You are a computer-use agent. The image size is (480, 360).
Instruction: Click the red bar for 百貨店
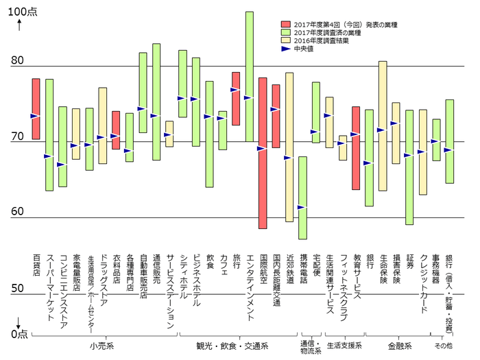(36, 109)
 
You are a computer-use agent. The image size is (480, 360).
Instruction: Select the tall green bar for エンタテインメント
(249, 76)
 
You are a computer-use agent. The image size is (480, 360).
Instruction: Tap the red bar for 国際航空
(263, 153)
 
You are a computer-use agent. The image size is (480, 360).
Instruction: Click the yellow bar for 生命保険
(383, 125)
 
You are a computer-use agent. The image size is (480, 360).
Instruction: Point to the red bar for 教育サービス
(356, 148)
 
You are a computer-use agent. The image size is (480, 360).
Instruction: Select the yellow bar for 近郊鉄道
(289, 147)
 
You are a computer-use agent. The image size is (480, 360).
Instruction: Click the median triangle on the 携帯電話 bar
(301, 207)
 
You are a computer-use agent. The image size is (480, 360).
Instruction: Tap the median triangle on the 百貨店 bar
(34, 117)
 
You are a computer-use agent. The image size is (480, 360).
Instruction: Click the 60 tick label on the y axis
(16, 212)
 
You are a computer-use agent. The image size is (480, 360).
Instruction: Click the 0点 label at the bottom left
(19, 333)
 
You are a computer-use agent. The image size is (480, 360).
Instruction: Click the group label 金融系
(397, 345)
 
